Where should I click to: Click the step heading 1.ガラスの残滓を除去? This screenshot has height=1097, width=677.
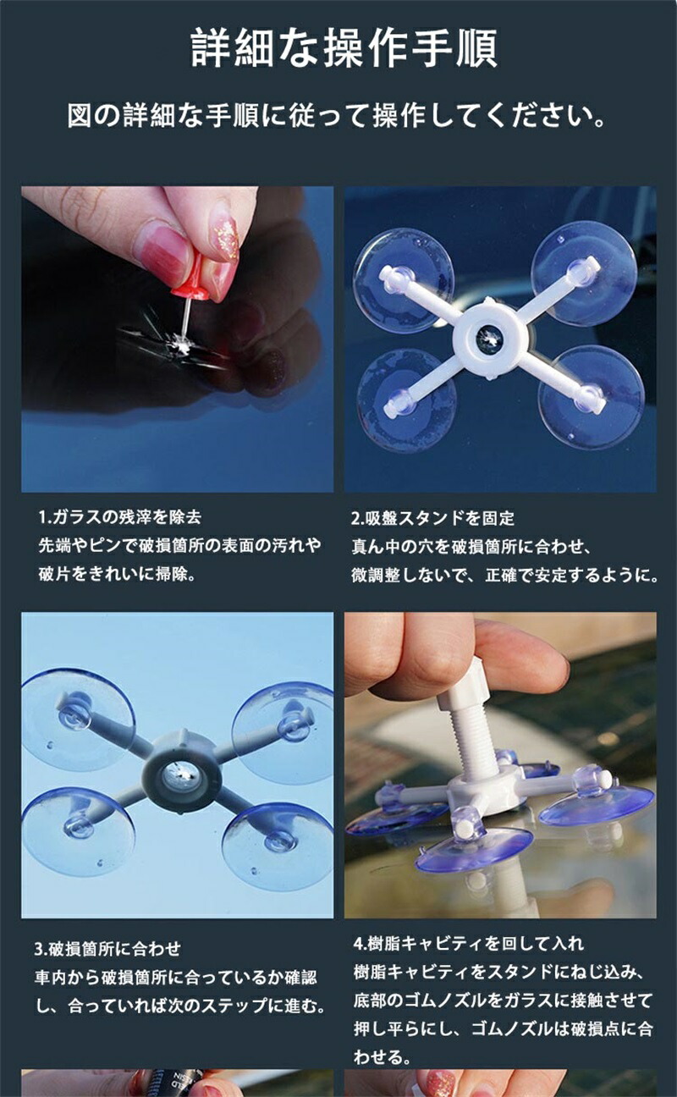[120, 517]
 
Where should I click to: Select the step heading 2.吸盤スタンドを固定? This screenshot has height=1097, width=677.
[432, 518]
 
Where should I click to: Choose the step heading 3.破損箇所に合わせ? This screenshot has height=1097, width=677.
[107, 949]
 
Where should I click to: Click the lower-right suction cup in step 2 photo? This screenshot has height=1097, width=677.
[591, 397]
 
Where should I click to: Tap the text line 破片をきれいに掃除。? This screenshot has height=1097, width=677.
[118, 574]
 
